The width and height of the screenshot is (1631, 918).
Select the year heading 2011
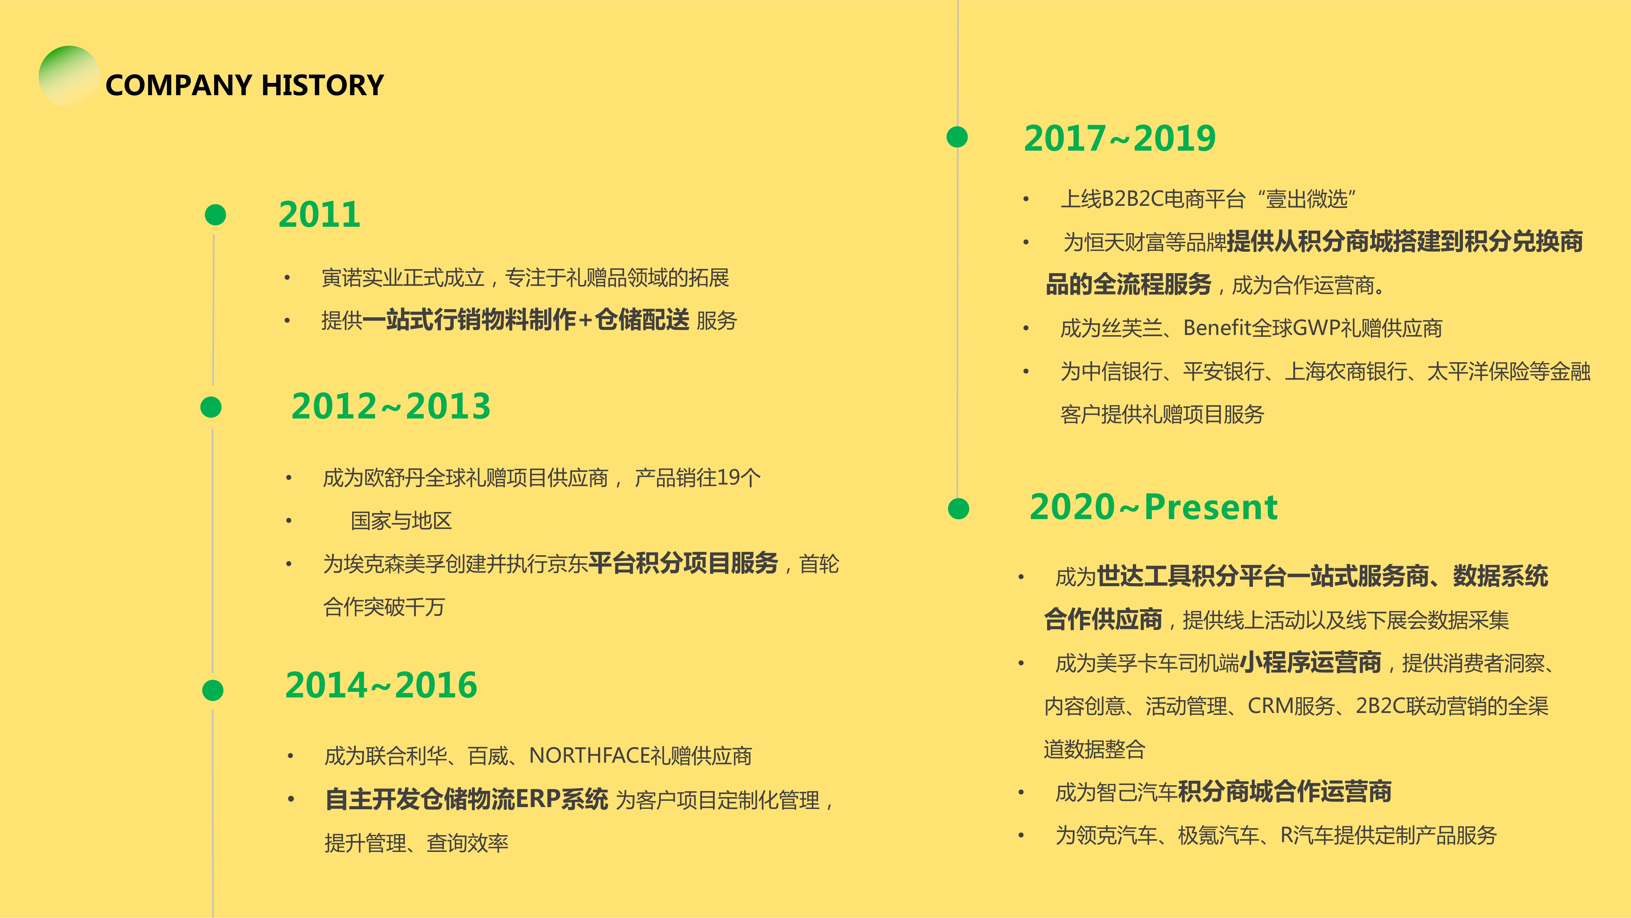pos(319,214)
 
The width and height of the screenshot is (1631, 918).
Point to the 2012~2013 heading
pos(391,406)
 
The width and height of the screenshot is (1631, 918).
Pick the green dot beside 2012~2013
pos(211,407)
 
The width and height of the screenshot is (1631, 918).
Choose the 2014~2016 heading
pos(381,685)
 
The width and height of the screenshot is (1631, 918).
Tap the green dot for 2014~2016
pos(213,690)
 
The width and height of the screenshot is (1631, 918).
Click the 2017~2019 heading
pos(1119,138)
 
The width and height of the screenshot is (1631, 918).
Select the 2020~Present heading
pos(1154,507)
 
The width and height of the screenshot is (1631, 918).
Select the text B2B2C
pos(1133,199)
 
